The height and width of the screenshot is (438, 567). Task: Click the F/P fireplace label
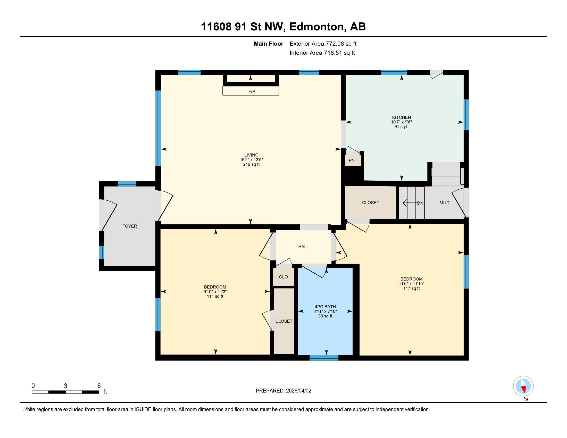[x=252, y=91]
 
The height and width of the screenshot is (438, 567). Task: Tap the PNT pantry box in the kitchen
[x=353, y=160]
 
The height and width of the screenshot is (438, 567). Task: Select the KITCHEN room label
[x=401, y=117]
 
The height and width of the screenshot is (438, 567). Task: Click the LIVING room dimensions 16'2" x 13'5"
[x=251, y=160]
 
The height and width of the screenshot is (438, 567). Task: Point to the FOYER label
[x=130, y=226]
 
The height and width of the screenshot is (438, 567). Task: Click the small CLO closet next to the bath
[x=283, y=277]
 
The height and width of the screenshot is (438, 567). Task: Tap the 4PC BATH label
[x=325, y=307]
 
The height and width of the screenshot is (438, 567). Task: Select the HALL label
[x=303, y=247]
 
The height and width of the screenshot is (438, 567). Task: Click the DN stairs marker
[x=420, y=203]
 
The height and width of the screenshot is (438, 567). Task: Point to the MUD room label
[x=444, y=203]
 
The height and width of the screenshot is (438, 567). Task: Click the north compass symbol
[x=523, y=386]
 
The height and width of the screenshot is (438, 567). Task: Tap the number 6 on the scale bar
[x=99, y=386]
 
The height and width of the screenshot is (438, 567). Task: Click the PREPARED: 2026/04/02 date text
[x=283, y=391]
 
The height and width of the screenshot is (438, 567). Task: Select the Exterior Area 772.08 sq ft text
[x=323, y=44]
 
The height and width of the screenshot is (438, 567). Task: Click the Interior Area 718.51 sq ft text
[x=322, y=53]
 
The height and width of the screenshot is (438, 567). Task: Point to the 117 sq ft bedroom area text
[x=411, y=288]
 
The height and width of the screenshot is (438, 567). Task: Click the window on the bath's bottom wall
[x=324, y=358]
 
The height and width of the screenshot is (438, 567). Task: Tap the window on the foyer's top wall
[x=127, y=184]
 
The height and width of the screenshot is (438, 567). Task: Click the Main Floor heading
[x=268, y=44]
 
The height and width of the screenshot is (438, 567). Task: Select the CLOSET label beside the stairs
[x=370, y=203]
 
